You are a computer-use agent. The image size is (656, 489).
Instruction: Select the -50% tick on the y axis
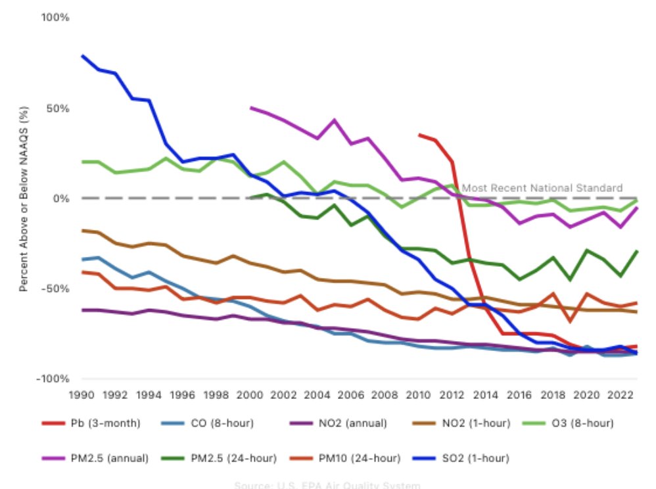pos(57,289)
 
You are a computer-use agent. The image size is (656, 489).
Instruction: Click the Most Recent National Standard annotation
pos(542,188)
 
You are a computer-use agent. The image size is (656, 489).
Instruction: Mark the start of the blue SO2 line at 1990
pos(83,56)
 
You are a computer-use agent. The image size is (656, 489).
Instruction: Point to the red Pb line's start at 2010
pos(419,135)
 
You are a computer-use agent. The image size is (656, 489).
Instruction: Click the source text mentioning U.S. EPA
pos(327,486)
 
